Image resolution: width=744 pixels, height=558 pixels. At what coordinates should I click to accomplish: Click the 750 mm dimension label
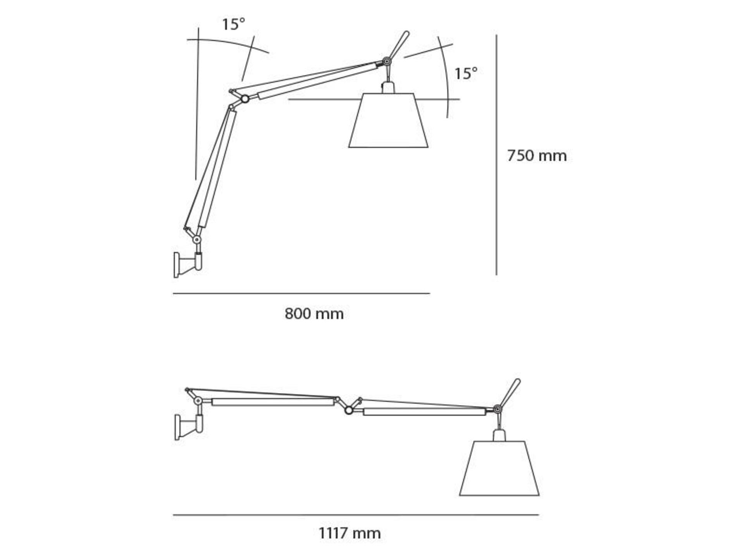pyautogui.click(x=537, y=156)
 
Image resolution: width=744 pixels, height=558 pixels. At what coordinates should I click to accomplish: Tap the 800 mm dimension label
pyautogui.click(x=314, y=313)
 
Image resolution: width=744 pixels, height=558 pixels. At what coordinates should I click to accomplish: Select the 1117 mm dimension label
pyautogui.click(x=350, y=533)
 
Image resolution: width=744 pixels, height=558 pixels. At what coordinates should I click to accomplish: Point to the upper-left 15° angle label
pyautogui.click(x=234, y=24)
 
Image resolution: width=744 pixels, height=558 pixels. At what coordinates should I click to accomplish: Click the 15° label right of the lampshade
pyautogui.click(x=466, y=73)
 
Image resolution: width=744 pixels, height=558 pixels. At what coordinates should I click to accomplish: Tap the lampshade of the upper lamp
pyautogui.click(x=388, y=120)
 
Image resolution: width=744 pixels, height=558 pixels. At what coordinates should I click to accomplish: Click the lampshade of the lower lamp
pyautogui.click(x=499, y=468)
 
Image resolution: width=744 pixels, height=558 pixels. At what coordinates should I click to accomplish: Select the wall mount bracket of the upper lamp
pyautogui.click(x=188, y=265)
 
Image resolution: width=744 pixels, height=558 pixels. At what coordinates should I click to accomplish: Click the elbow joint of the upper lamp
pyautogui.click(x=245, y=99)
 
